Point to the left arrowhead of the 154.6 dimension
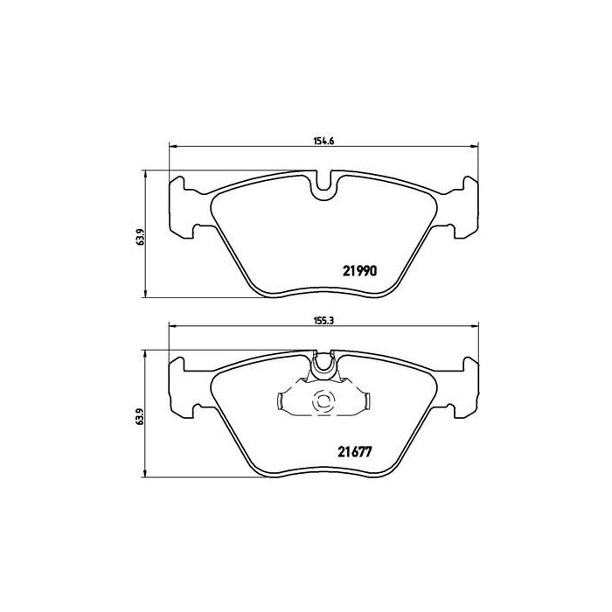pyautogui.click(x=170, y=146)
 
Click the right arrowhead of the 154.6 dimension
pyautogui.click(x=477, y=146)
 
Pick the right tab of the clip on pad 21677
pyautogui.click(x=366, y=401)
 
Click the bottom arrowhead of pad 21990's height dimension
pyautogui.click(x=145, y=293)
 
